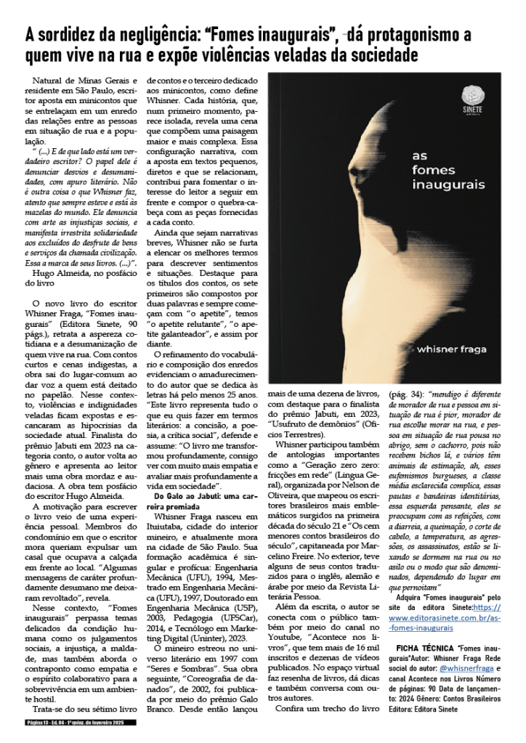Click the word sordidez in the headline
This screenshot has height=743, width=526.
(72, 35)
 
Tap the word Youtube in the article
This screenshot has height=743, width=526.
(286, 664)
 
